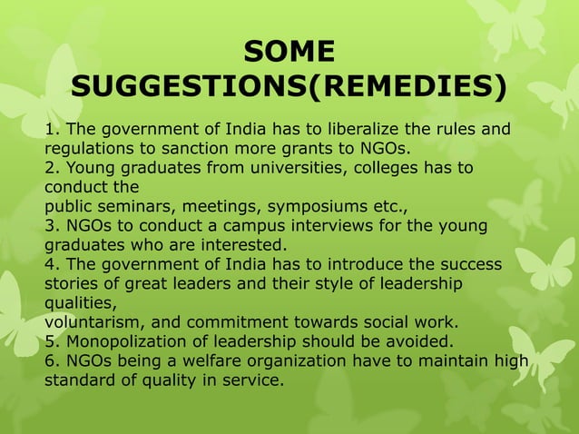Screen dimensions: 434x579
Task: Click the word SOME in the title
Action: pyautogui.click(x=289, y=50)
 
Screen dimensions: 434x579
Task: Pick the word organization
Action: pyautogui.click(x=295, y=360)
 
